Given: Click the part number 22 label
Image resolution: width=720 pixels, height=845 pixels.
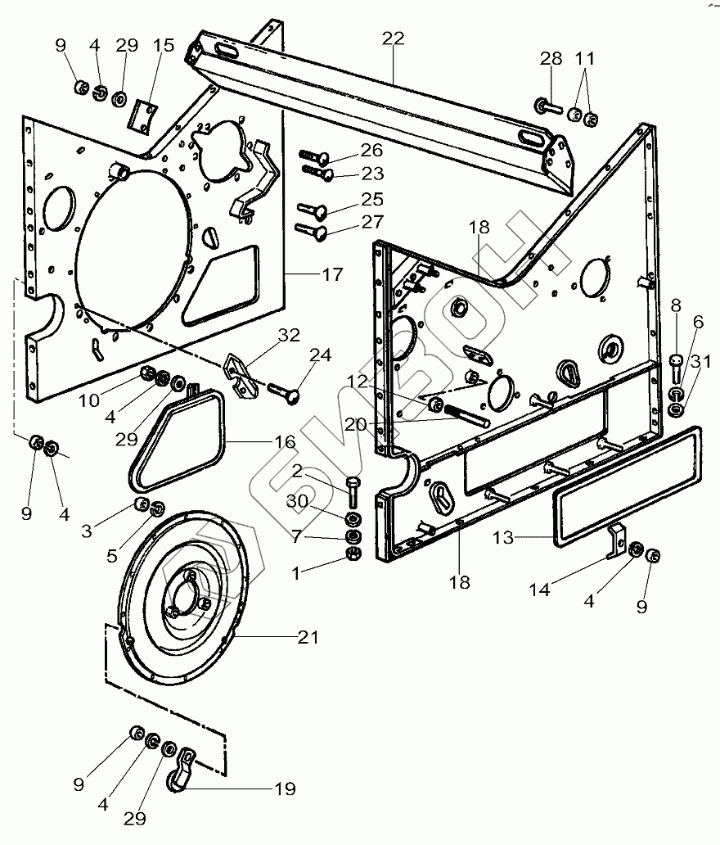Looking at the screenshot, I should pyautogui.click(x=394, y=38).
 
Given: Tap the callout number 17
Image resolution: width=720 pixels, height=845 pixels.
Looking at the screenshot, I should pyautogui.click(x=333, y=275).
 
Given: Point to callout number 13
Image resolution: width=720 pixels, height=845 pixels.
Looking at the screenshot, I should pyautogui.click(x=503, y=538).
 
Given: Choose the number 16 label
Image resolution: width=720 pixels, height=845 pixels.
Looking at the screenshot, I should pyautogui.click(x=285, y=443).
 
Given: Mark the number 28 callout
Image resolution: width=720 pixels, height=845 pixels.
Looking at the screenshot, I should pyautogui.click(x=551, y=59).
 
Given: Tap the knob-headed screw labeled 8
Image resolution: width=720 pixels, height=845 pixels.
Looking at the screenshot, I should pyautogui.click(x=676, y=364).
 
